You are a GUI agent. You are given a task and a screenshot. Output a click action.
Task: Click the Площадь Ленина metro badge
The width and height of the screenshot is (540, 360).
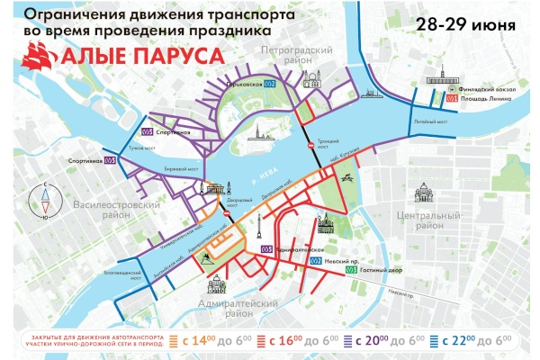pyautogui.click(x=453, y=98)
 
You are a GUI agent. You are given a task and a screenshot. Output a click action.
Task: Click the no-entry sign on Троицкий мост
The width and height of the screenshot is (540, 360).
pyautogui.click(x=310, y=145)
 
